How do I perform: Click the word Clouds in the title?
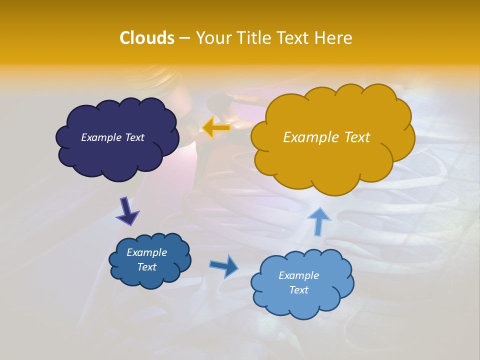147,38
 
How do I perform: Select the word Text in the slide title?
294,38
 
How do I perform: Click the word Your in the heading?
213,38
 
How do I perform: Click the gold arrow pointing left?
216,128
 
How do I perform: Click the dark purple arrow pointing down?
127,211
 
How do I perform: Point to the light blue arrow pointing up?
318,221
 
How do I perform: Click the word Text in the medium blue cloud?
147,267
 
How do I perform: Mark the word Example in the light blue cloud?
298,275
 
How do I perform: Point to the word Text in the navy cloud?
134,137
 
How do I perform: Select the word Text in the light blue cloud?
298,290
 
